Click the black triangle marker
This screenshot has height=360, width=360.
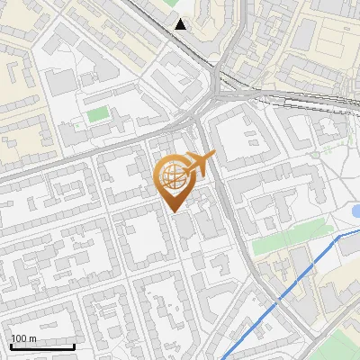pyautogui.click(x=182, y=24)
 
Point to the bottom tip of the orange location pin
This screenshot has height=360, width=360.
pyautogui.click(x=175, y=212)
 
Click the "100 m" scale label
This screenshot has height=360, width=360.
pyautogui.click(x=24, y=338)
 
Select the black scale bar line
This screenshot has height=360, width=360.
pyautogui.click(x=43, y=346)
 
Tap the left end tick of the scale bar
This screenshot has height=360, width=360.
pyautogui.click(x=12, y=345)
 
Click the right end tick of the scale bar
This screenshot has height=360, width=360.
pyautogui.click(x=75, y=345)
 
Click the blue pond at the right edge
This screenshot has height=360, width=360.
pyautogui.click(x=355, y=211)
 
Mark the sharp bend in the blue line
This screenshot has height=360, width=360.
pyautogui.click(x=339, y=237)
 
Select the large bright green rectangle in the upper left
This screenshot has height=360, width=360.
pyautogui.click(x=97, y=115)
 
